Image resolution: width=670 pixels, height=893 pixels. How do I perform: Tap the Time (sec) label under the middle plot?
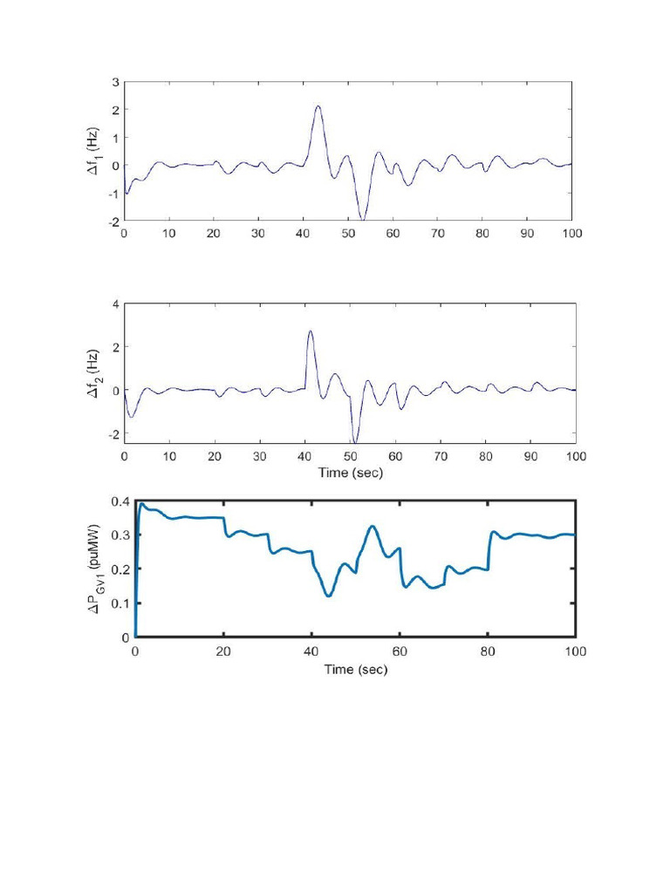[349, 473]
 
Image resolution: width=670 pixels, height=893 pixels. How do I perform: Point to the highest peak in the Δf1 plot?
[318, 106]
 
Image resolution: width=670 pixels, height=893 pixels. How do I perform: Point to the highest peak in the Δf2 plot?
[310, 331]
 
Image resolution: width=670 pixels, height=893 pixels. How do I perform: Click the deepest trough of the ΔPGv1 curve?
[328, 596]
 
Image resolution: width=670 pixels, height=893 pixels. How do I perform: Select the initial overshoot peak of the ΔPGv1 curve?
[142, 503]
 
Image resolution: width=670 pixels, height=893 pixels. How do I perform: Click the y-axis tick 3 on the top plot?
[115, 82]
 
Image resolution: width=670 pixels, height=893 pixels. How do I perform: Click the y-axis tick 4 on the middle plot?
[115, 304]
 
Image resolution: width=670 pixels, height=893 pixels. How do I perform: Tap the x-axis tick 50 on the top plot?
[348, 235]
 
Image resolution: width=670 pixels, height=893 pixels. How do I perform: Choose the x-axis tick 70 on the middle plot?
[440, 456]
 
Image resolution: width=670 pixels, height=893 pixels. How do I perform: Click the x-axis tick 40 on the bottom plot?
[311, 651]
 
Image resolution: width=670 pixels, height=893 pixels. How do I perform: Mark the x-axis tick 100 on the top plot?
[571, 235]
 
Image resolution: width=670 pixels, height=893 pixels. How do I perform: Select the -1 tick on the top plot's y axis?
[113, 194]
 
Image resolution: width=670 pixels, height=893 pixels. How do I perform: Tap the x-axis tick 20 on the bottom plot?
[223, 651]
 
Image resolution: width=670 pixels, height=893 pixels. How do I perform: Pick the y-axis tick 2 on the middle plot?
[115, 347]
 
